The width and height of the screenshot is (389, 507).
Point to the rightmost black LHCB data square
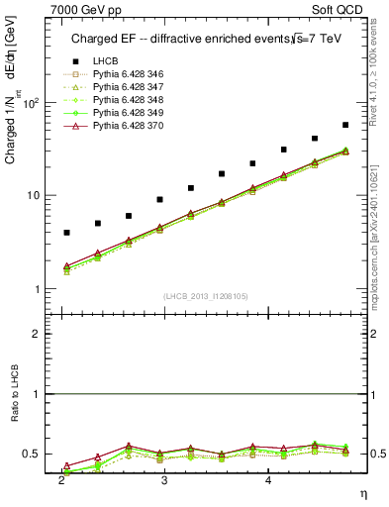(345, 125)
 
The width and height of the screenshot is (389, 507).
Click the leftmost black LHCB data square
(66, 233)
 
